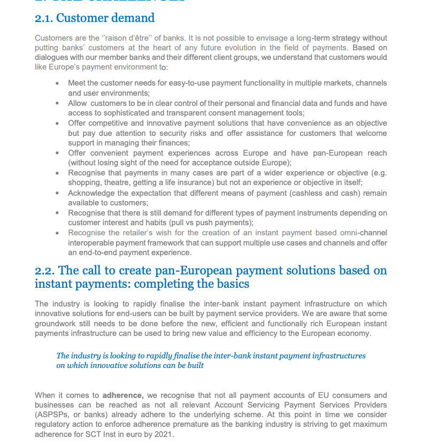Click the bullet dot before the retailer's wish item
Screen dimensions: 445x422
57,233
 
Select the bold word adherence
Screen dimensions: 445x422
122,395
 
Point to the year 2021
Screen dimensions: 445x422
163,434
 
